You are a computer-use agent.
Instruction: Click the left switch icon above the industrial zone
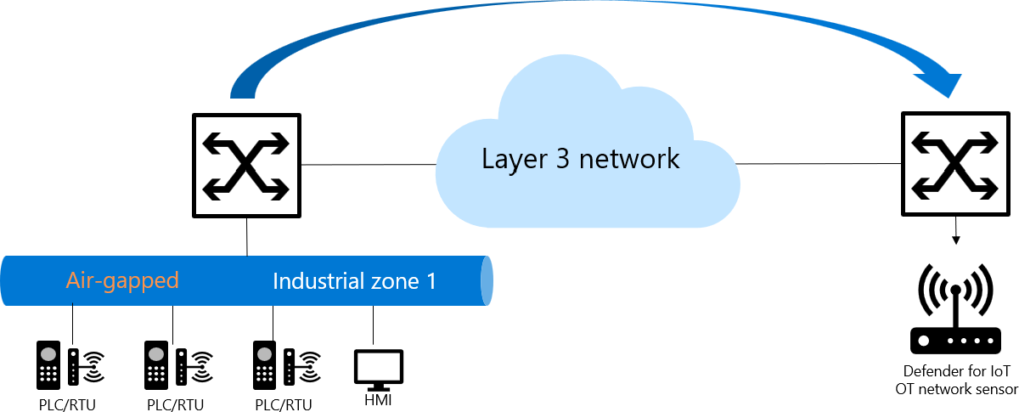(x=247, y=165)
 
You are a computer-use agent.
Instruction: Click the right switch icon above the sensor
(x=957, y=165)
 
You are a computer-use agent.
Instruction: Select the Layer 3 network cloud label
(x=581, y=159)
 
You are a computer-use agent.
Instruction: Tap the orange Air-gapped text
(x=122, y=281)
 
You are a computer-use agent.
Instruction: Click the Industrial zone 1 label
(x=354, y=281)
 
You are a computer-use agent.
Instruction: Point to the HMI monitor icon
(x=378, y=369)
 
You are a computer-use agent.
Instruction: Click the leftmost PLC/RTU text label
(x=67, y=404)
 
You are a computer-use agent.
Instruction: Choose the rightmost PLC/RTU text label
(x=284, y=404)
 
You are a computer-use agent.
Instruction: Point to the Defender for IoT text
(x=956, y=371)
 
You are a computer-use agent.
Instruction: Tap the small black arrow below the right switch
(x=957, y=233)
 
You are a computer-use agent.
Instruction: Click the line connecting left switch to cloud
(x=369, y=164)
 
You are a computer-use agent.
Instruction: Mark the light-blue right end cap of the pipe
(x=487, y=280)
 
